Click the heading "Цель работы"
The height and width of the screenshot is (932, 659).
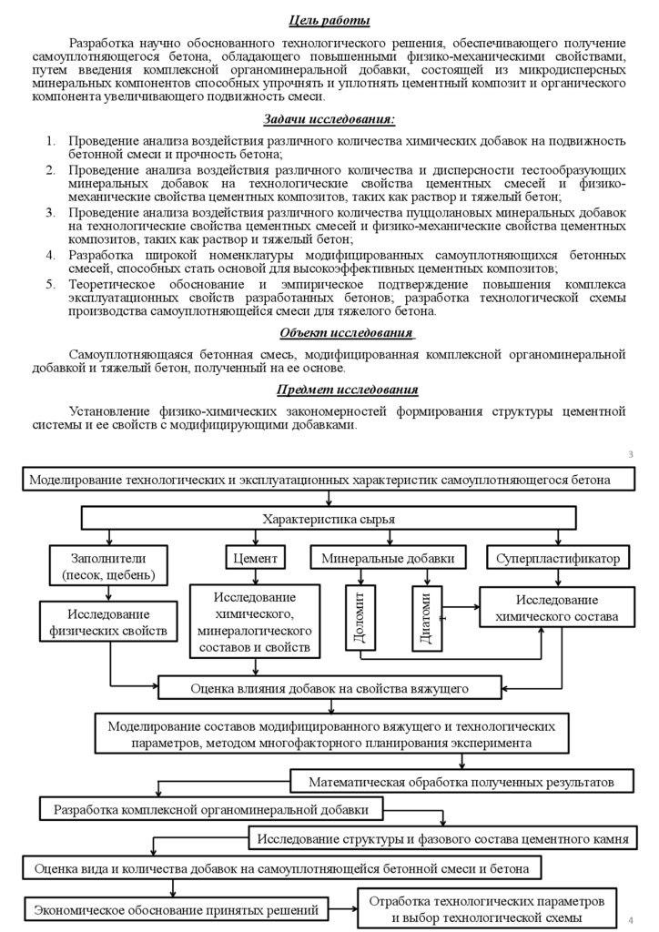coord(329,21)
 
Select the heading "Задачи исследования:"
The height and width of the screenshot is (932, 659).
coord(329,119)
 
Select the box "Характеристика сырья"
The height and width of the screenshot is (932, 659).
coord(329,519)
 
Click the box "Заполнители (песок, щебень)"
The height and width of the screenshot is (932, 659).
coord(108,565)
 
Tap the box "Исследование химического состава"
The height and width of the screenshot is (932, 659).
coord(556,609)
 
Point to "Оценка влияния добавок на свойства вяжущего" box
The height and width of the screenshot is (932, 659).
coord(329,686)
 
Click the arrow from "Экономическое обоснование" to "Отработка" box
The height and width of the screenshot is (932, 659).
coord(342,908)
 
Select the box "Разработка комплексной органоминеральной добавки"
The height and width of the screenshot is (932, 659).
coord(212,808)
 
